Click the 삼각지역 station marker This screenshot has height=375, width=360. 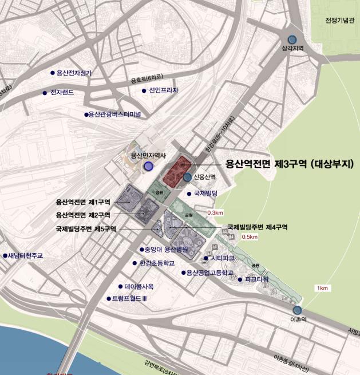292,40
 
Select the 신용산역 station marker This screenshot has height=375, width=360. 188,177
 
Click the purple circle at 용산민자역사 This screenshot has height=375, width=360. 149,166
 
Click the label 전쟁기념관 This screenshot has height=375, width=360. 340,21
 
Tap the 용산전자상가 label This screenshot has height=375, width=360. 74,73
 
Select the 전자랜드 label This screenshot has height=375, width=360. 62,92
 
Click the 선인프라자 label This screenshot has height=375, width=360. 164,90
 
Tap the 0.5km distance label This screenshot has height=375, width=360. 250,236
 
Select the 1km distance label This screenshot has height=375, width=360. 322,288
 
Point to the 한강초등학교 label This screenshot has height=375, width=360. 157,264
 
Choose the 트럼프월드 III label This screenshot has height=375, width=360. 130,298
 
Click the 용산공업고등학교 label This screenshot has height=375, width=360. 209,273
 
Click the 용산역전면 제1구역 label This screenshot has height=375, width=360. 83,202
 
